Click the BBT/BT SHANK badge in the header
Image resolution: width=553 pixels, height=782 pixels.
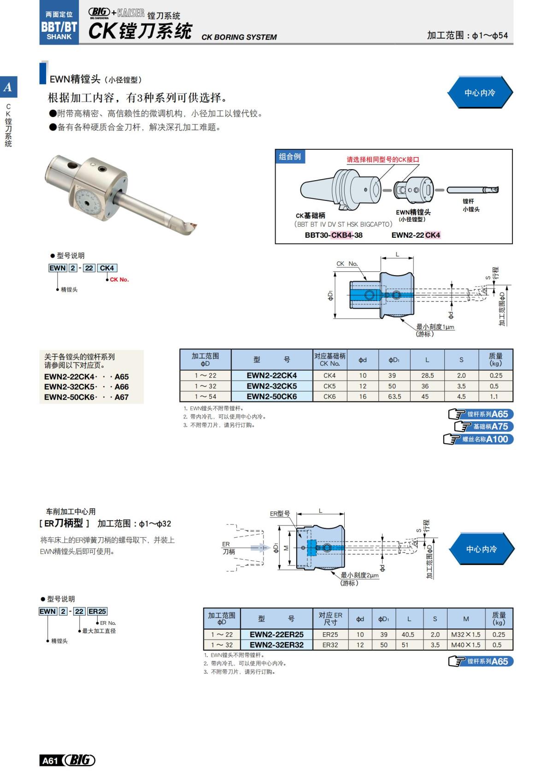click(59, 27)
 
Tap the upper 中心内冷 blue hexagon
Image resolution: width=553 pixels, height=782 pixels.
click(480, 93)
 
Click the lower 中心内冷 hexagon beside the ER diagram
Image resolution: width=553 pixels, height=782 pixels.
click(481, 549)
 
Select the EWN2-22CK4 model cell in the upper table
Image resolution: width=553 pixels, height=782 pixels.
click(271, 376)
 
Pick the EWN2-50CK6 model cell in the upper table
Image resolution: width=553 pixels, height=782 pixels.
click(271, 396)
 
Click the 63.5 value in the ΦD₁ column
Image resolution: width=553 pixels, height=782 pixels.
click(394, 396)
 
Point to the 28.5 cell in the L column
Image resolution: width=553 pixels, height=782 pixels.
click(427, 376)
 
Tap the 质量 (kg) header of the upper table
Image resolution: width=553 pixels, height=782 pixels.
click(495, 359)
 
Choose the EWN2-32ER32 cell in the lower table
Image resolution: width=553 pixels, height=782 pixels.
click(276, 645)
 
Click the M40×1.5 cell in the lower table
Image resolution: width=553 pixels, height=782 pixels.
click(465, 645)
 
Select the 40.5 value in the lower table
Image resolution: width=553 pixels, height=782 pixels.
click(408, 635)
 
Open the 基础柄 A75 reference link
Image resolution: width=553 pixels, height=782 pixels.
click(484, 426)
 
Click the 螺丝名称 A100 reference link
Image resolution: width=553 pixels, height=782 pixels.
click(479, 439)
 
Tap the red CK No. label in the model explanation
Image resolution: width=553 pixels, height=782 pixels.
click(119, 280)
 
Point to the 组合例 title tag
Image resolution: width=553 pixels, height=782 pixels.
click(290, 157)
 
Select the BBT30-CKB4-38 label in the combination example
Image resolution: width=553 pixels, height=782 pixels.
click(334, 235)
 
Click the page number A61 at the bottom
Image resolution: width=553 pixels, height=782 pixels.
click(50, 760)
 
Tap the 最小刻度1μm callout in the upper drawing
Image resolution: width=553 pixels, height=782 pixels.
click(435, 327)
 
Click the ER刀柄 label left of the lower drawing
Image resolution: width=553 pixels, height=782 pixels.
click(228, 548)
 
